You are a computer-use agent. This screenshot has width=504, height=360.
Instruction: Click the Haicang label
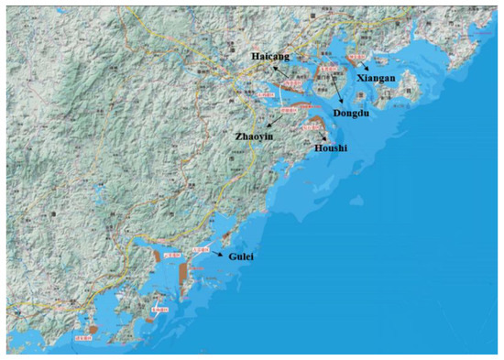(x=270, y=57)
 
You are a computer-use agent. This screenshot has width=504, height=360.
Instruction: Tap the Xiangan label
(x=377, y=79)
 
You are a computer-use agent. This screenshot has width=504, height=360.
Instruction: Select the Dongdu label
(x=351, y=115)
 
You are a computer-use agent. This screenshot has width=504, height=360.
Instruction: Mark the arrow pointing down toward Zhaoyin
(x=274, y=120)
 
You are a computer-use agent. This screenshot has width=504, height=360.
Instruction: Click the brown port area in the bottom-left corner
(x=93, y=328)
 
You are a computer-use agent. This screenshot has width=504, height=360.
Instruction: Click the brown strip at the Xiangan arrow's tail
(x=354, y=60)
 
